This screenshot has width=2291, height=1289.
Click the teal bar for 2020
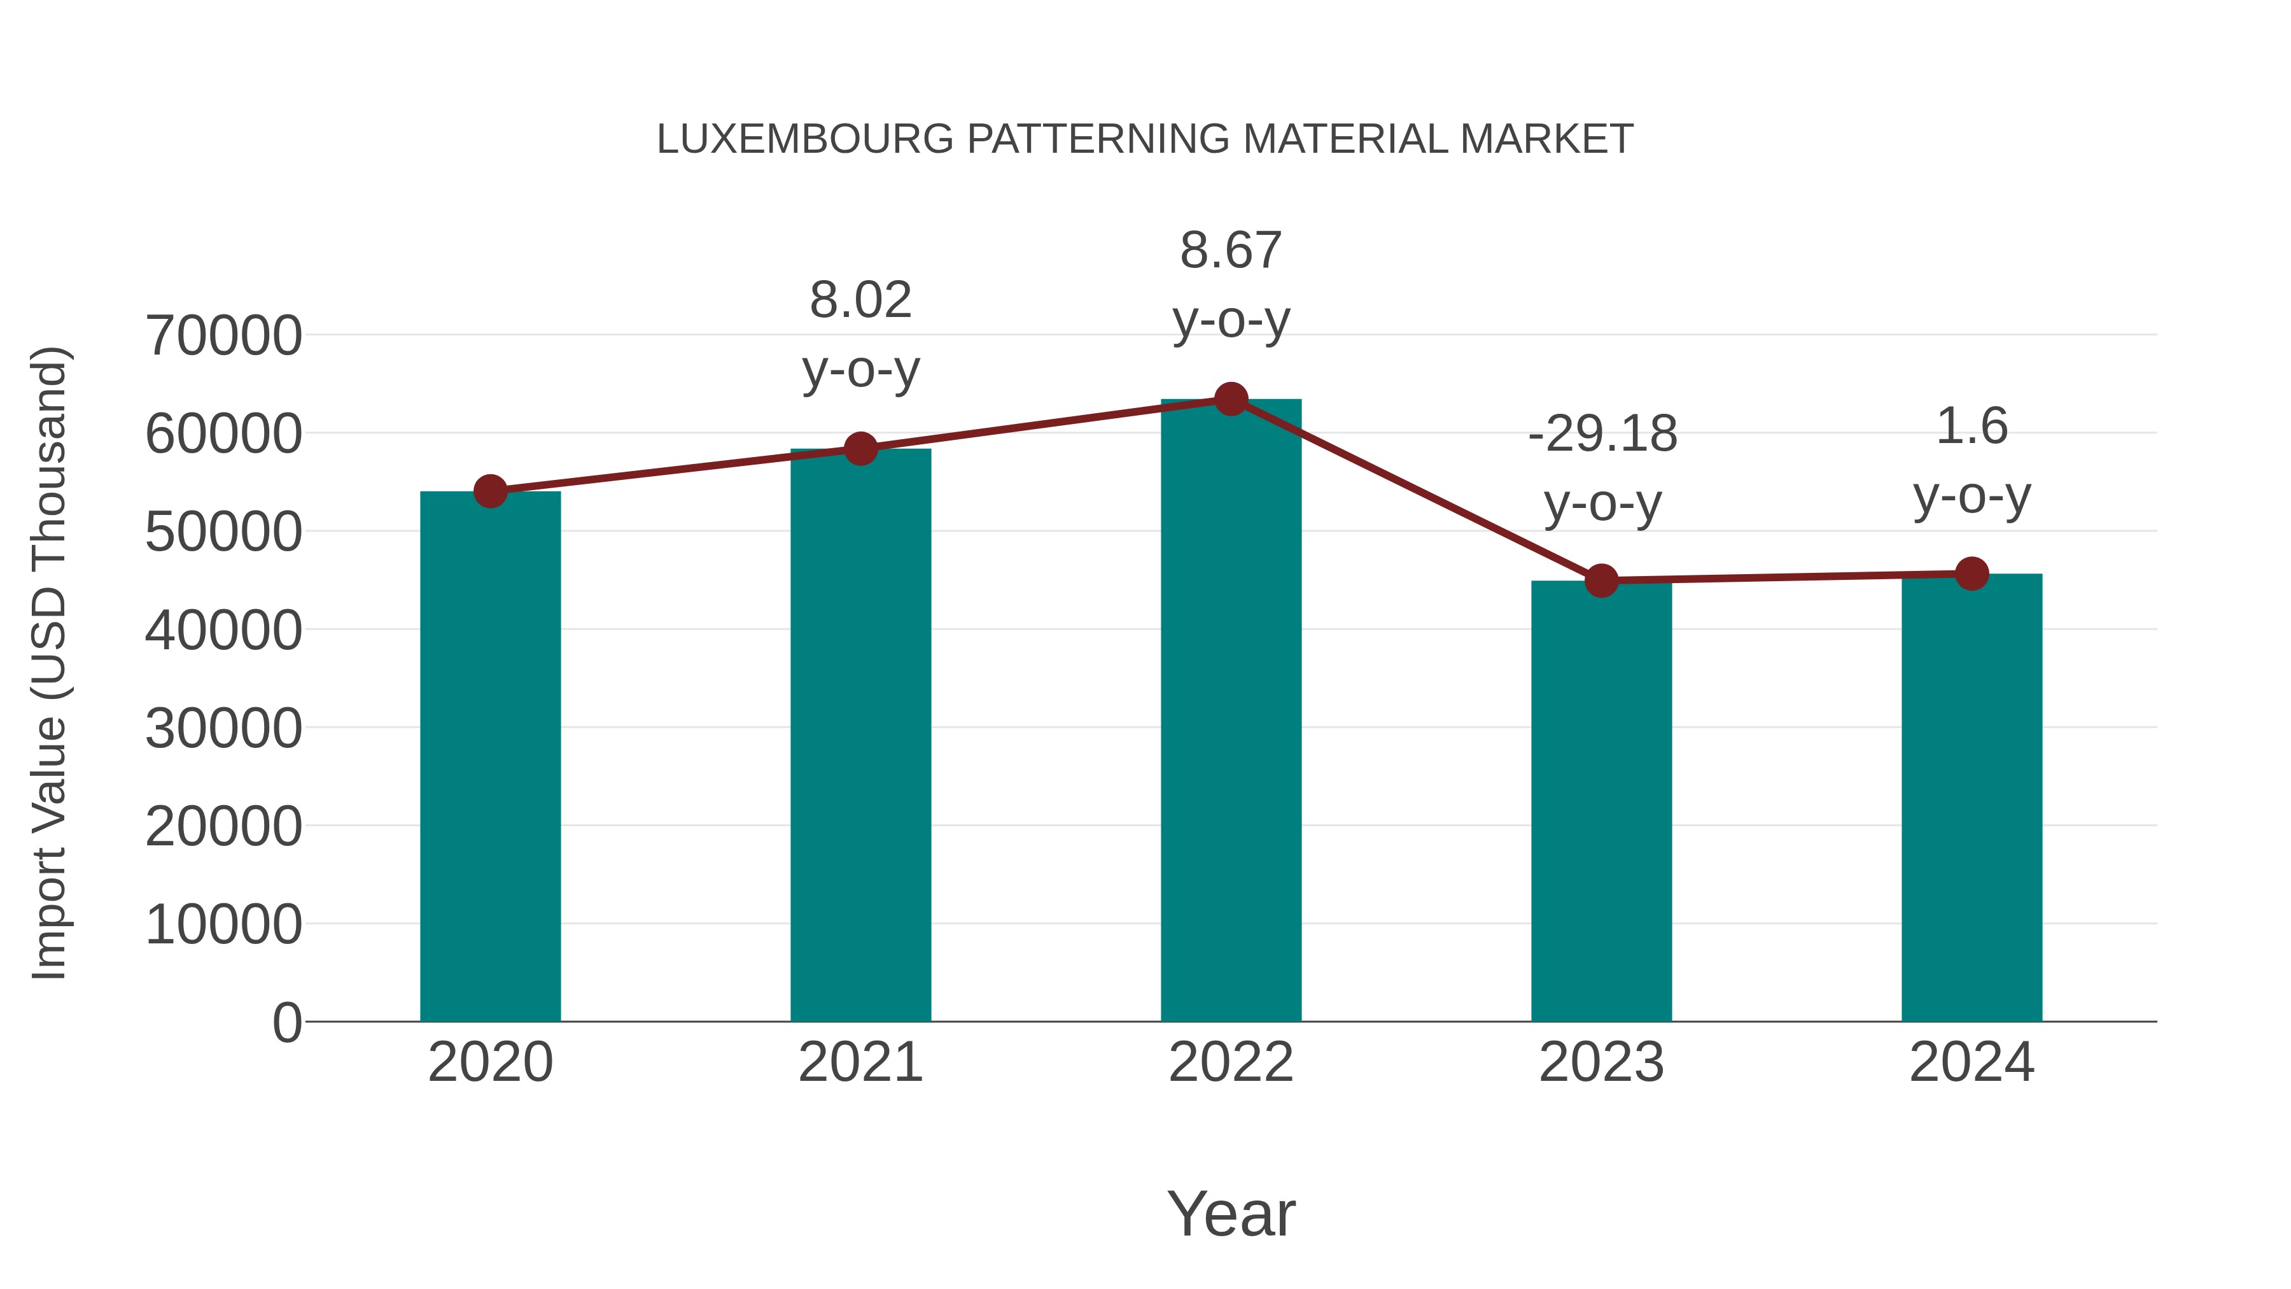[490, 756]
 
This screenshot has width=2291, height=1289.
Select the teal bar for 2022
[1231, 712]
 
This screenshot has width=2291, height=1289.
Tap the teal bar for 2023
[1601, 801]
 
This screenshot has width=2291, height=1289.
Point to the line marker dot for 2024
[1972, 574]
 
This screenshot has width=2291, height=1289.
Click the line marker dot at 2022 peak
[1231, 399]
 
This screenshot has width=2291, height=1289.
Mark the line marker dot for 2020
[490, 491]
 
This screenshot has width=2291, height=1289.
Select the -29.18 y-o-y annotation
[1602, 468]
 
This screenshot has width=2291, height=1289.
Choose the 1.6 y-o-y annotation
[1972, 461]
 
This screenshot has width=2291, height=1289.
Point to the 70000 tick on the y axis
[223, 336]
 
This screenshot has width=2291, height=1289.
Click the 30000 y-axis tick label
[223, 729]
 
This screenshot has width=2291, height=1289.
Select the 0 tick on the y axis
[287, 1022]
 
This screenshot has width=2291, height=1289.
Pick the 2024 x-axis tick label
[1972, 1062]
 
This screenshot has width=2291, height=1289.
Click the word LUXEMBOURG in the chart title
[805, 139]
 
